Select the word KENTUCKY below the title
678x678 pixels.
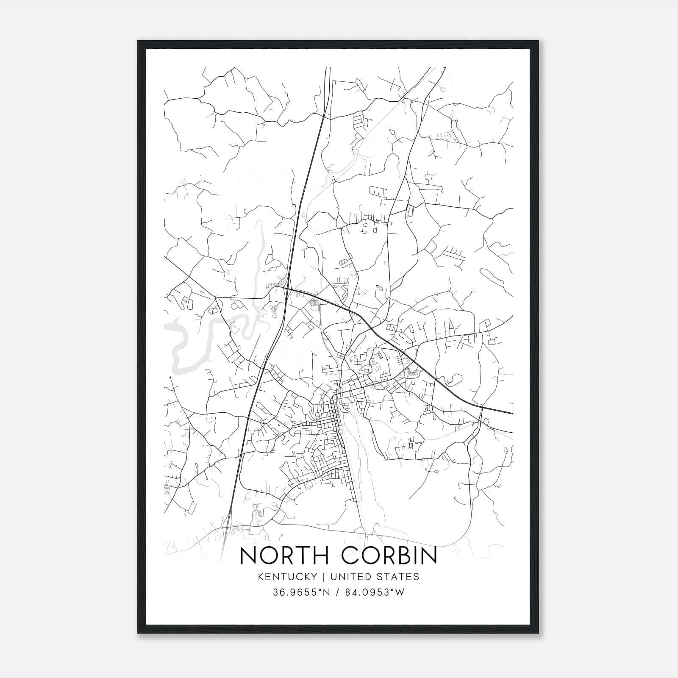[x=287, y=577]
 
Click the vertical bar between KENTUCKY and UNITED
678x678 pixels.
[x=323, y=577]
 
